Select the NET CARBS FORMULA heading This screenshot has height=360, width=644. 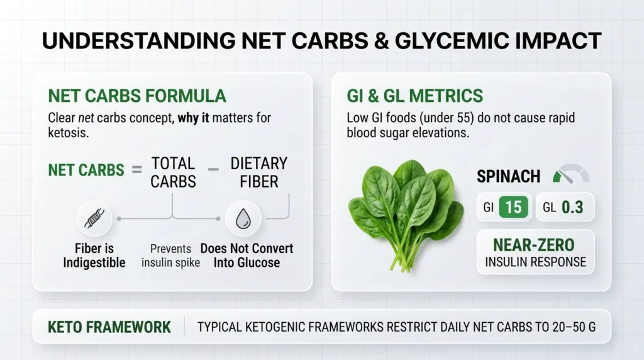[136, 96]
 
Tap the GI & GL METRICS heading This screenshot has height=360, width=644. [415, 96]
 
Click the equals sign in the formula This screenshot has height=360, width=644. [133, 171]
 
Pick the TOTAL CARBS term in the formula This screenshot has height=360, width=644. [173, 172]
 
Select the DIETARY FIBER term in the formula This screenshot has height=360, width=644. [259, 172]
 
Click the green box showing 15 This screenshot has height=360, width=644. [513, 207]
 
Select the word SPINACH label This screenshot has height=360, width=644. [508, 177]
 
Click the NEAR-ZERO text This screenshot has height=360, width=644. [535, 245]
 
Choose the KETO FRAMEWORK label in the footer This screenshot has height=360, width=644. [109, 327]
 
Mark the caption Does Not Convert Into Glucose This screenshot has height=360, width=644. [247, 255]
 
